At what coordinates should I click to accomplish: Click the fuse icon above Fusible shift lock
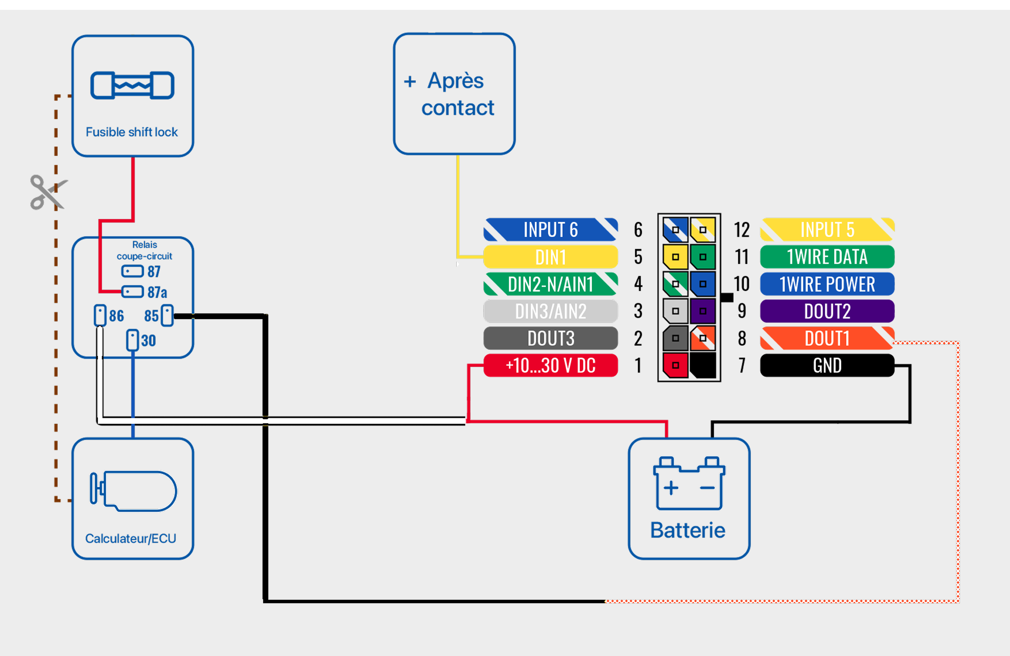(132, 85)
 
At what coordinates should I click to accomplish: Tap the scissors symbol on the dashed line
(48, 192)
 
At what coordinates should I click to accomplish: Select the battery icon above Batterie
(689, 484)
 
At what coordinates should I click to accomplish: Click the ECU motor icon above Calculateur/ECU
(133, 491)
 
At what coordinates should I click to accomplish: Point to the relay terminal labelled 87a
(133, 292)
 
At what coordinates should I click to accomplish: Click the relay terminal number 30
(132, 340)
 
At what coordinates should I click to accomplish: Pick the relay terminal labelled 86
(100, 315)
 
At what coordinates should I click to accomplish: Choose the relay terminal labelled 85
(168, 315)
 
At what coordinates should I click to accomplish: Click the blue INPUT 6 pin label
(550, 230)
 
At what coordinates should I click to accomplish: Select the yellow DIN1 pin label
(550, 257)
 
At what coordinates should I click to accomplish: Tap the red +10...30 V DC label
(550, 365)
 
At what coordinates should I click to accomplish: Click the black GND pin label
(827, 365)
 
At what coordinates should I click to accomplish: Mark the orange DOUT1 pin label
(827, 338)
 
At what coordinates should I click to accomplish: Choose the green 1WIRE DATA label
(827, 257)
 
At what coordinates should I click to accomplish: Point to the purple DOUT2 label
(827, 311)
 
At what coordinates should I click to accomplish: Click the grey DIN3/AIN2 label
(550, 311)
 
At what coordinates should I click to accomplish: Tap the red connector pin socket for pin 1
(675, 365)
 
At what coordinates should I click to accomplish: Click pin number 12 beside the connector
(741, 230)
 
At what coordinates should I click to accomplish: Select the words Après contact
(457, 94)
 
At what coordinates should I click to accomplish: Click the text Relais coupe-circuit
(144, 250)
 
